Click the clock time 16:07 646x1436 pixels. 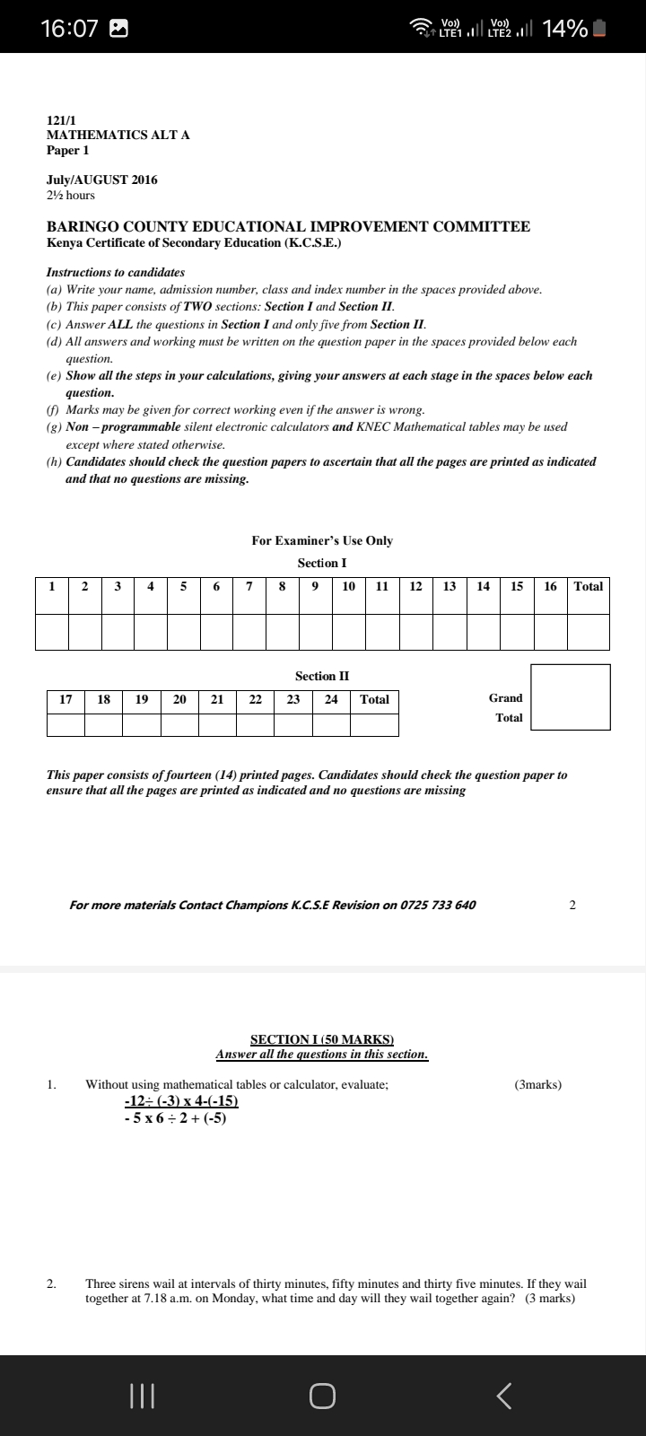69,29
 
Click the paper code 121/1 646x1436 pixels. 62,119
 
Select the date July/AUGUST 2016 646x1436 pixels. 101,179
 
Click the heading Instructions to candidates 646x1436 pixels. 115,272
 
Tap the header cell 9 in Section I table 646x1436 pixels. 315,586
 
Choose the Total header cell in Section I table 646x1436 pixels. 589,586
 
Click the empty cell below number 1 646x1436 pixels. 52,632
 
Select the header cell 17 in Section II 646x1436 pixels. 65,699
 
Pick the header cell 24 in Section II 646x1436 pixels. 331,699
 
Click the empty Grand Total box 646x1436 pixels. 571,697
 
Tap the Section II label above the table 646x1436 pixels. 322,676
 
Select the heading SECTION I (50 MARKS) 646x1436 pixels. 322,1039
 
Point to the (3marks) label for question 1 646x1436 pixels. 538,1084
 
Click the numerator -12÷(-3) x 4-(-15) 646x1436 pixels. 180,1101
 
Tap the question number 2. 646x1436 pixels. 51,1283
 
